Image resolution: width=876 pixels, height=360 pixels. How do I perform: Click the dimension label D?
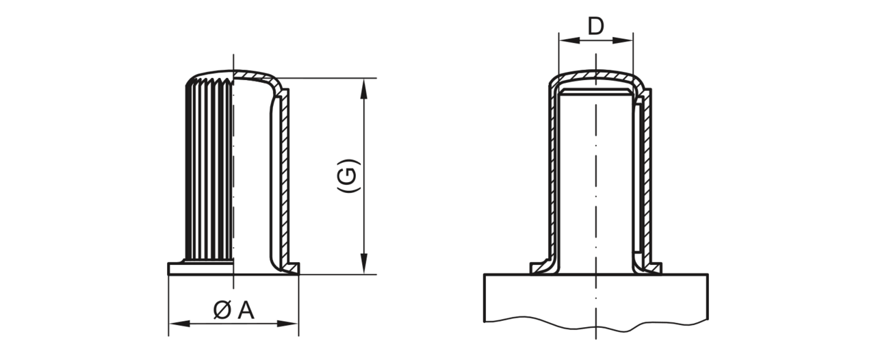point(595,27)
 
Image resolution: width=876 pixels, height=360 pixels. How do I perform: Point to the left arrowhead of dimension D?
point(569,40)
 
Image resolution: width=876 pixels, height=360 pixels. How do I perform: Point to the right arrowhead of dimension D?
point(623,40)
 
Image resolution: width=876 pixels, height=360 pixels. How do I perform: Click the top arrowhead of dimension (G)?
point(364,88)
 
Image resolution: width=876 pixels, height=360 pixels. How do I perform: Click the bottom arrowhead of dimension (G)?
point(364,263)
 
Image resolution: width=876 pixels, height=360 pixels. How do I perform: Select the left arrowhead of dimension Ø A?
point(179,324)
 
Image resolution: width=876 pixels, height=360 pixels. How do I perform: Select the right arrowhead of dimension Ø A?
point(287,324)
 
